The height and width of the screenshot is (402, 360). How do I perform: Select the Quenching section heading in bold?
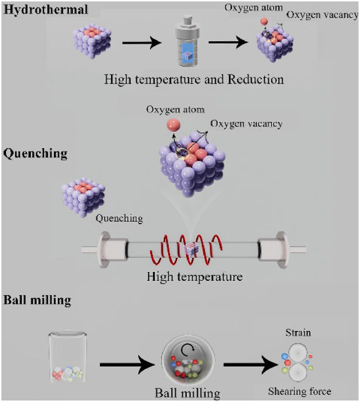click(x=31, y=153)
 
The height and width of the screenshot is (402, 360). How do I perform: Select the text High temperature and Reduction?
click(x=194, y=80)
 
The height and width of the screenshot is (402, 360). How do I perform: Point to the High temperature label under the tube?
click(x=194, y=277)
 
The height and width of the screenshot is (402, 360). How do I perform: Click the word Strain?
click(x=298, y=333)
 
